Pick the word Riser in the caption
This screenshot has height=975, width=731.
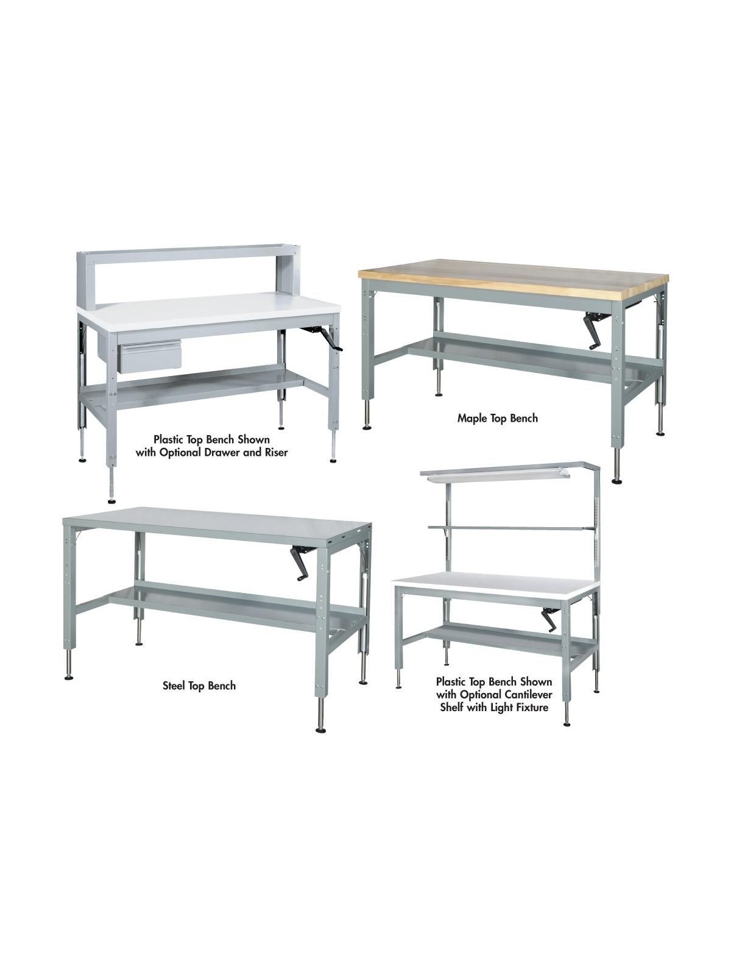[277, 453]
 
